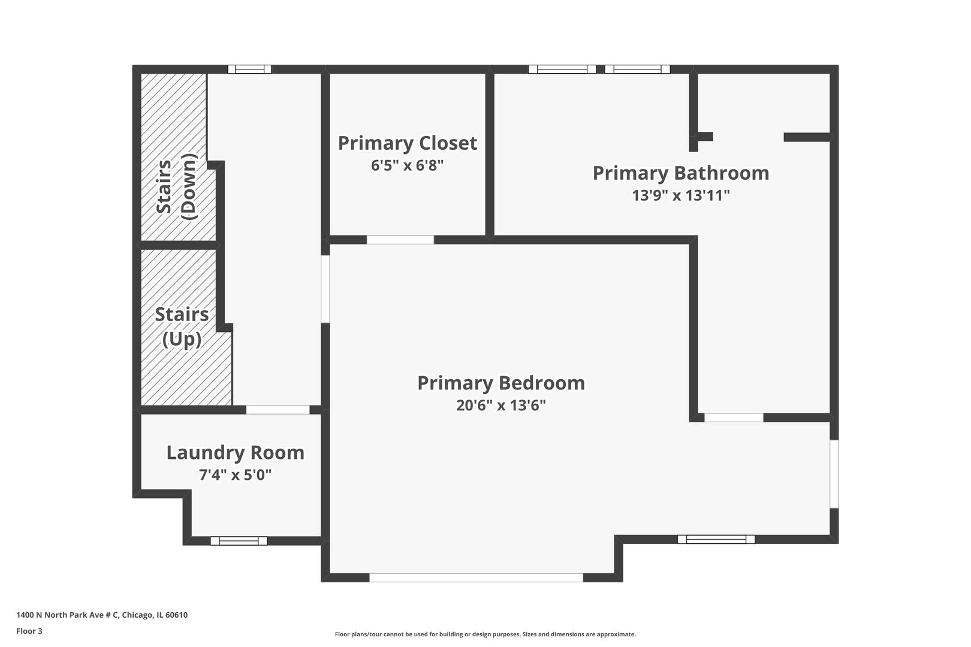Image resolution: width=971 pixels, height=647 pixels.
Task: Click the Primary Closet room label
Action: tap(408, 143)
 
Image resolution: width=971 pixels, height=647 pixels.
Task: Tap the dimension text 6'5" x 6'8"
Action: tap(408, 165)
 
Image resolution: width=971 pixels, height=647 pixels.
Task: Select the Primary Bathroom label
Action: tap(681, 173)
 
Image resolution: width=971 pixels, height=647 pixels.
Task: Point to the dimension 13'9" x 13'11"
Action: tap(681, 195)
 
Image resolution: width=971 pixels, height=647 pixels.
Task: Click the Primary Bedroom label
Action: tap(501, 383)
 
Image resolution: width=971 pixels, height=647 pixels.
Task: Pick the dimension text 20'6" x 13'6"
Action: tap(501, 406)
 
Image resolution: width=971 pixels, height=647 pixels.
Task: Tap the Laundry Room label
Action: tap(235, 453)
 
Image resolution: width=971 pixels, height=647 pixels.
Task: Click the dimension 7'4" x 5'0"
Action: tap(235, 475)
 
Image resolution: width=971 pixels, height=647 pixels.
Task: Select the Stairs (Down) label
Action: tap(176, 186)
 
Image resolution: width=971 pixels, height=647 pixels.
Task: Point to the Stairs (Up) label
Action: tap(182, 327)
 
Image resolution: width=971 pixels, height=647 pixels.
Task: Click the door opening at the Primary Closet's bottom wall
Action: tap(400, 240)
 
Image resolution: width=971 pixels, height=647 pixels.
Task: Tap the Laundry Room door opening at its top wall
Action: tap(278, 410)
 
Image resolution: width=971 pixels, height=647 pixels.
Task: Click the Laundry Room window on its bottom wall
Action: tap(239, 541)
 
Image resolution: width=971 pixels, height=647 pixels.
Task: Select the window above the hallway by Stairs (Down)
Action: tap(250, 69)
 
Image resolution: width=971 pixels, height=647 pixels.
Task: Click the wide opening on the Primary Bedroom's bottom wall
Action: tap(476, 578)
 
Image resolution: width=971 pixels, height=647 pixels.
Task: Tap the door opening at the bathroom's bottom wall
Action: tap(734, 418)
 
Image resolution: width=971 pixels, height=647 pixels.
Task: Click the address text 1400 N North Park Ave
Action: tap(102, 615)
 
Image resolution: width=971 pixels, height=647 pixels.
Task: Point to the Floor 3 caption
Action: tap(29, 631)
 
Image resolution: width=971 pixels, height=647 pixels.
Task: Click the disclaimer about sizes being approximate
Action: tap(485, 634)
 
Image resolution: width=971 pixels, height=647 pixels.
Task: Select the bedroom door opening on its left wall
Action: tap(325, 289)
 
